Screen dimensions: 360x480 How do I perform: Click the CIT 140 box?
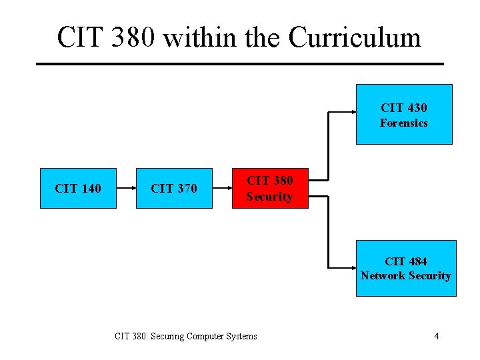coord(78,189)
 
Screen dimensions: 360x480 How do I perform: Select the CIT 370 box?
coord(174,189)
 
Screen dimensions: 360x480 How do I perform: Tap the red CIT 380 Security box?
coord(270,189)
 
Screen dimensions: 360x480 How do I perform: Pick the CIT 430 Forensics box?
coord(404,114)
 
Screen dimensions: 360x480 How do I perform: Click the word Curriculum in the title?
coord(355,37)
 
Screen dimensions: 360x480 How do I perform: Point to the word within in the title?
coord(199,37)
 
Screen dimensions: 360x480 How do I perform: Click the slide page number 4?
coord(436,336)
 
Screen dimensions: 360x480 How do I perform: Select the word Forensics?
coord(404,123)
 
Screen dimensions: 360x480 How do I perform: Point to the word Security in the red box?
coord(269,197)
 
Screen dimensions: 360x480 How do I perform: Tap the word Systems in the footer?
coord(241,336)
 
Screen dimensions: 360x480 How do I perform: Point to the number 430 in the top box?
coord(415,107)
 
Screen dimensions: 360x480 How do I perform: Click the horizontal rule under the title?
coord(239,63)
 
